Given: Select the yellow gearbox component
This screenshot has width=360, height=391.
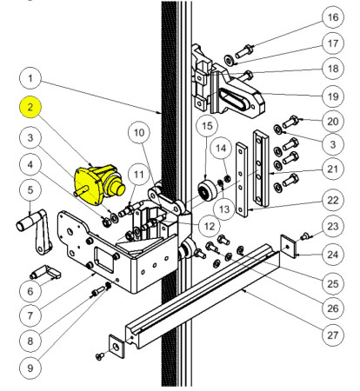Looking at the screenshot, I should coord(98,180).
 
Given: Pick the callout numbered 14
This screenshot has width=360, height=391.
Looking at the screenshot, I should coord(223,149).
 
